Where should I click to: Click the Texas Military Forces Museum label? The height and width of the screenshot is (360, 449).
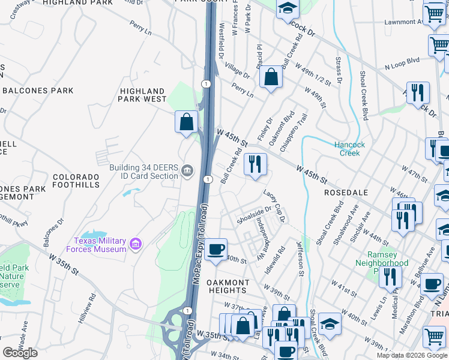tap(101, 245)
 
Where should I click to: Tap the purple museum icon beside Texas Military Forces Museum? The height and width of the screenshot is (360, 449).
tap(136, 245)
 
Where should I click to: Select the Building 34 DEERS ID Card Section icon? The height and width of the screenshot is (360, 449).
tap(188, 171)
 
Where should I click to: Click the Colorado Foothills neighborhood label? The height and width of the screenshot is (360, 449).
tap(76, 181)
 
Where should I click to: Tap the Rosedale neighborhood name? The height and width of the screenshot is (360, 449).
tap(345, 193)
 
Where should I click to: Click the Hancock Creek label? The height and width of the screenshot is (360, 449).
tap(347, 149)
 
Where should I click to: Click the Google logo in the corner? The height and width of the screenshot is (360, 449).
tap(20, 353)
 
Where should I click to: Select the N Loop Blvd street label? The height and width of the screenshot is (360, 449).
tap(403, 62)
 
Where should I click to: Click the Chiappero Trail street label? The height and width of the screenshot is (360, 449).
tap(298, 128)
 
